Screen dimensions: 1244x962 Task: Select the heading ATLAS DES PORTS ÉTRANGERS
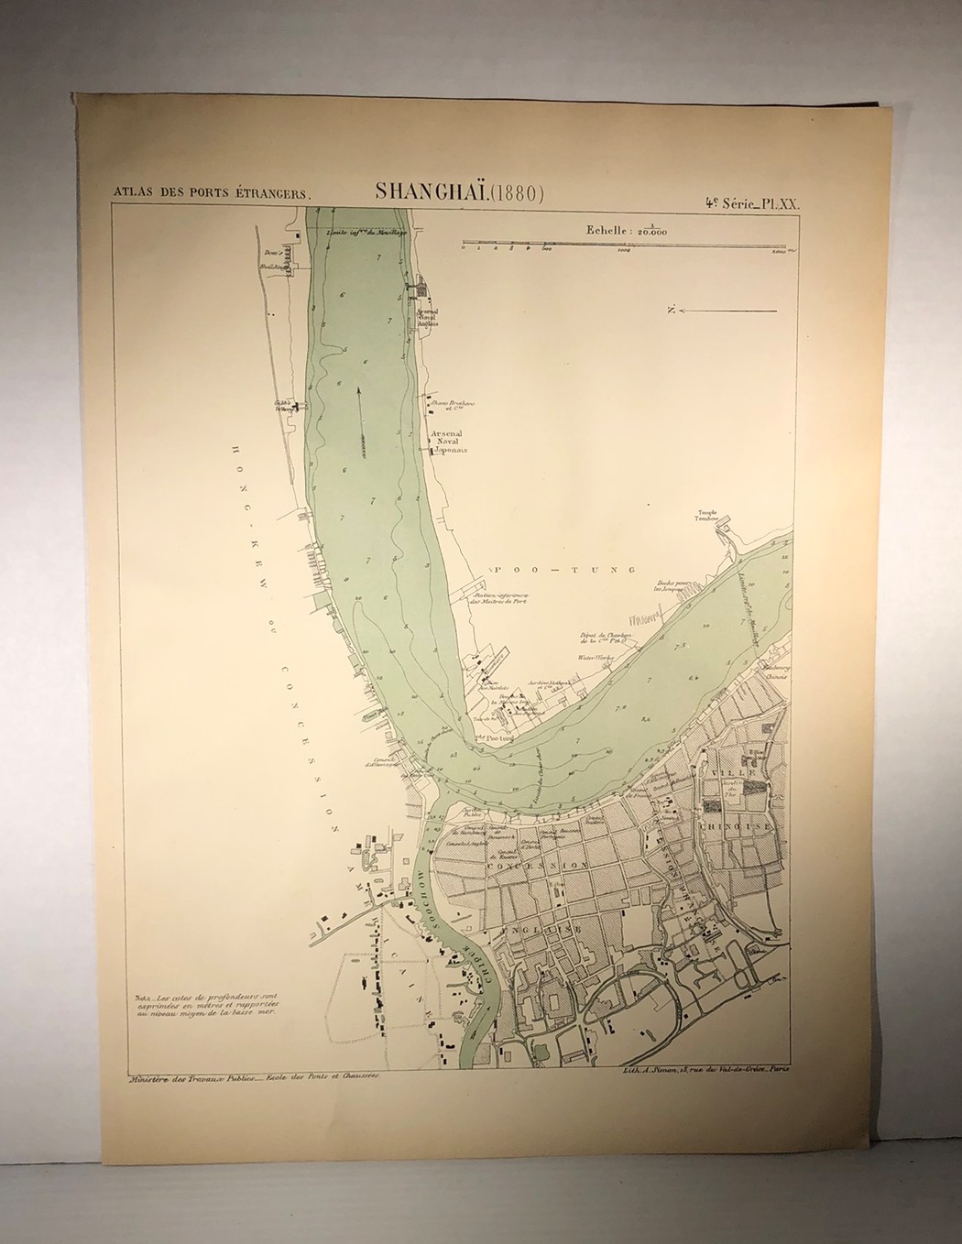coord(212,194)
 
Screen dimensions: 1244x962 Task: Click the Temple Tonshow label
coord(710,517)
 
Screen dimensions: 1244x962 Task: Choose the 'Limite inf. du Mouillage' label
coord(364,232)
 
